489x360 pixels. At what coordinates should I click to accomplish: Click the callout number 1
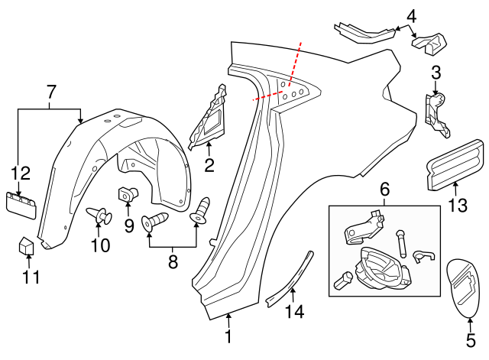(x=227, y=337)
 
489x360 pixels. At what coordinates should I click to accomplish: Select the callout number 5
(x=470, y=335)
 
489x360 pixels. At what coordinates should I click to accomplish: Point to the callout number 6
(x=384, y=188)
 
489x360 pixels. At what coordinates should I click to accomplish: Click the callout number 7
(x=51, y=92)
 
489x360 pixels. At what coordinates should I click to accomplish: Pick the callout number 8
(x=173, y=262)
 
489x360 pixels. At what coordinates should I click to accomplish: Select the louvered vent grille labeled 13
(x=454, y=164)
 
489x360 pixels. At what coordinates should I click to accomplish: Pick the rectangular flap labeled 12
(x=21, y=203)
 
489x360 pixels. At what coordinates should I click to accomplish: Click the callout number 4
(x=411, y=15)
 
